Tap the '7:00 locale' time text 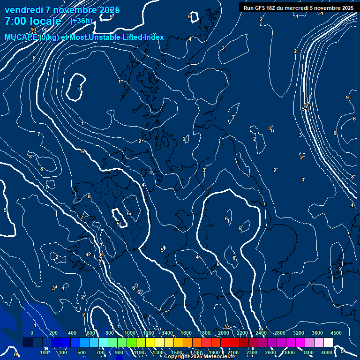33,21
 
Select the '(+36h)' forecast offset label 81,21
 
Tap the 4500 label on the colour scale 336,333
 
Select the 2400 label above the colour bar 261,333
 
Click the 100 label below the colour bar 44,352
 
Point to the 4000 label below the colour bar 327,352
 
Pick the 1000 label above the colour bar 130,333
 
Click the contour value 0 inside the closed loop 80,89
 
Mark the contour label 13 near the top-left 33,30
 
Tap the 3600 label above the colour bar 317,333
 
